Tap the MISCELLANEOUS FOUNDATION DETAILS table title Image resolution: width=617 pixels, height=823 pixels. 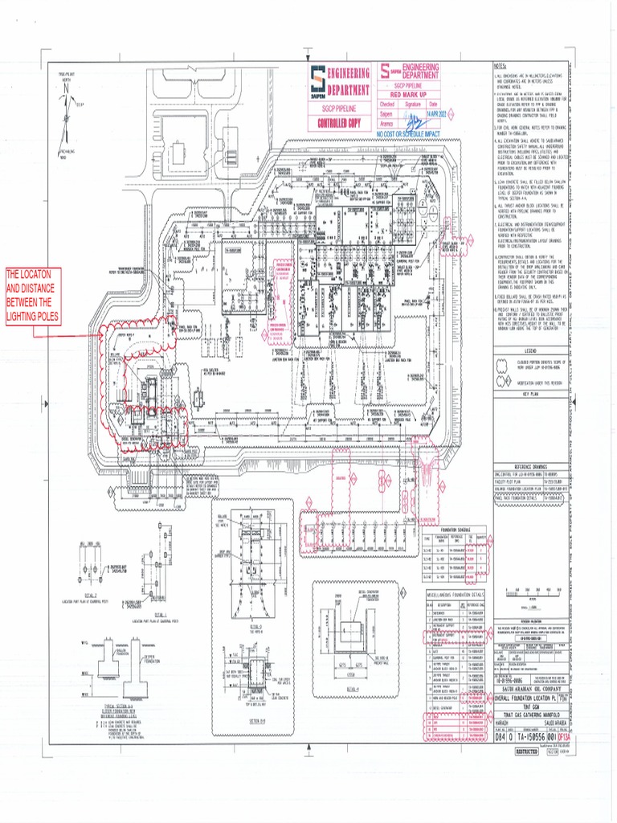[456, 595]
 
